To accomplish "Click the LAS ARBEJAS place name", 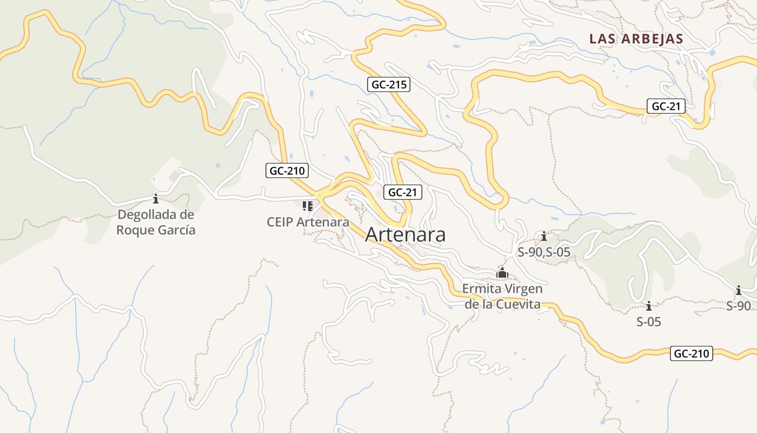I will [636, 39].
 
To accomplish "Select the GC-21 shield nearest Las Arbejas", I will [666, 106].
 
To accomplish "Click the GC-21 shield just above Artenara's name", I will [402, 192].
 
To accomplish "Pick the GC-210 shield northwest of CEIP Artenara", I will [287, 171].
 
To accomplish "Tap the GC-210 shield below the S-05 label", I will [692, 354].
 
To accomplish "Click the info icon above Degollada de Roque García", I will [156, 199].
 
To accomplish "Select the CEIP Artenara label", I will [308, 222].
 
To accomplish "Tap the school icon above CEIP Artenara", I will [308, 206].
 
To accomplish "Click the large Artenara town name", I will [405, 234].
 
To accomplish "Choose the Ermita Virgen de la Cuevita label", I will [502, 296].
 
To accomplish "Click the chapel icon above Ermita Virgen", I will [502, 273].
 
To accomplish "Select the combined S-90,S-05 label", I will [544, 252].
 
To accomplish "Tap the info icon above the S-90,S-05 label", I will [544, 236].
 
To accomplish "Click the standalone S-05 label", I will [649, 322].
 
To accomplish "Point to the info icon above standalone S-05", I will [649, 306].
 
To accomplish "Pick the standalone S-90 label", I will [739, 306].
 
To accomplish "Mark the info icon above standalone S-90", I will [739, 290].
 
